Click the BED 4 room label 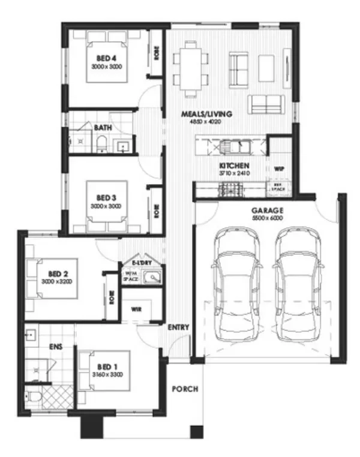tap(107, 58)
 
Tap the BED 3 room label tap(107, 197)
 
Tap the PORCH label tap(185, 389)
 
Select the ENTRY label tap(179, 327)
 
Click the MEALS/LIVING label tap(206, 113)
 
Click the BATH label tap(101, 127)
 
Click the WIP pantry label tap(278, 170)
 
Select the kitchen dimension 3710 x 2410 tap(233, 173)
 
